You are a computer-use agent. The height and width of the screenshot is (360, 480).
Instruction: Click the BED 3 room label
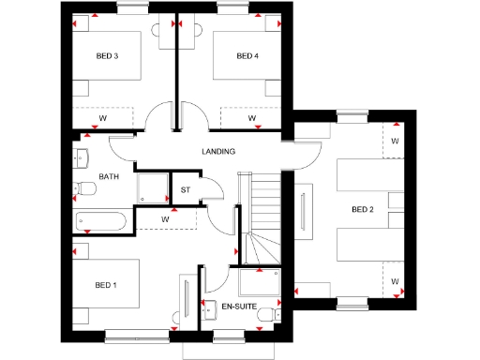click(x=107, y=56)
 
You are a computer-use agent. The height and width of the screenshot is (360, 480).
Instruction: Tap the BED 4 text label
click(x=247, y=56)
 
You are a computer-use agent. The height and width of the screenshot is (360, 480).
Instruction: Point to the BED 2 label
click(x=363, y=209)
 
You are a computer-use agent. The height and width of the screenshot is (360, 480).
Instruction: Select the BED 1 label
click(x=107, y=283)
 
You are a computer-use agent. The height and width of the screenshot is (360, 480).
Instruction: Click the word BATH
click(x=109, y=176)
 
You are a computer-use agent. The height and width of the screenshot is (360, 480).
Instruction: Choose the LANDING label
click(x=217, y=151)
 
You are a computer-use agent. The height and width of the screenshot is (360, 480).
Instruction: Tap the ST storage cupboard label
click(x=185, y=190)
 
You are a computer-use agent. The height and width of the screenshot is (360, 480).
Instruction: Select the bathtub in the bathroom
click(x=103, y=221)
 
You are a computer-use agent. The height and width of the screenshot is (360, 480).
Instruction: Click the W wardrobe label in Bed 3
click(x=102, y=118)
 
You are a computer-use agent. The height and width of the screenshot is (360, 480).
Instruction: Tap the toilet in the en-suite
click(x=268, y=312)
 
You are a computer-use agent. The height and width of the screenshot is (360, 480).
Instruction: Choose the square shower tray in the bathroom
click(x=151, y=187)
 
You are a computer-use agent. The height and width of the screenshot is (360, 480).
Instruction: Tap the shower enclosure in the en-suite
click(x=261, y=281)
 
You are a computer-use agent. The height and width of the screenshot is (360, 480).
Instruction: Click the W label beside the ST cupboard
click(x=165, y=219)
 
